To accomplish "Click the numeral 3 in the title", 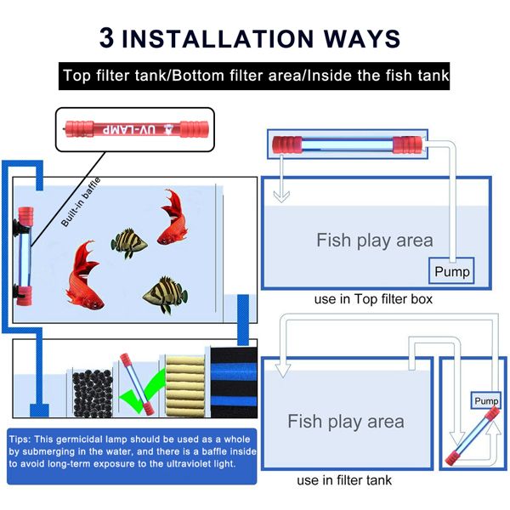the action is tap(107, 37).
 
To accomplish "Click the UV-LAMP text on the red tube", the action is tap(129, 130).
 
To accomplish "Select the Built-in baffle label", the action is tap(81, 202).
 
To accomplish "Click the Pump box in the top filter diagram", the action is tap(452, 271).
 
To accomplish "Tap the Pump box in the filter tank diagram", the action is tap(486, 400).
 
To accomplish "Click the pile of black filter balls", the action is tap(93, 394).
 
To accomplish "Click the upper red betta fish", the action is tap(173, 218).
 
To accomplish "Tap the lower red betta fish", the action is tap(83, 275).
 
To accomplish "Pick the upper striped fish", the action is tap(129, 243).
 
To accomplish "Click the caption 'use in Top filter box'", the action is tap(373, 299).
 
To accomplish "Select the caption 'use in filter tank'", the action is tap(344, 480).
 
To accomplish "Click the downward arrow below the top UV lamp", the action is tap(281, 179).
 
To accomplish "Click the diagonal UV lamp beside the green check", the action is tap(137, 384).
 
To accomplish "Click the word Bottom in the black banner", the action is tap(198, 76).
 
